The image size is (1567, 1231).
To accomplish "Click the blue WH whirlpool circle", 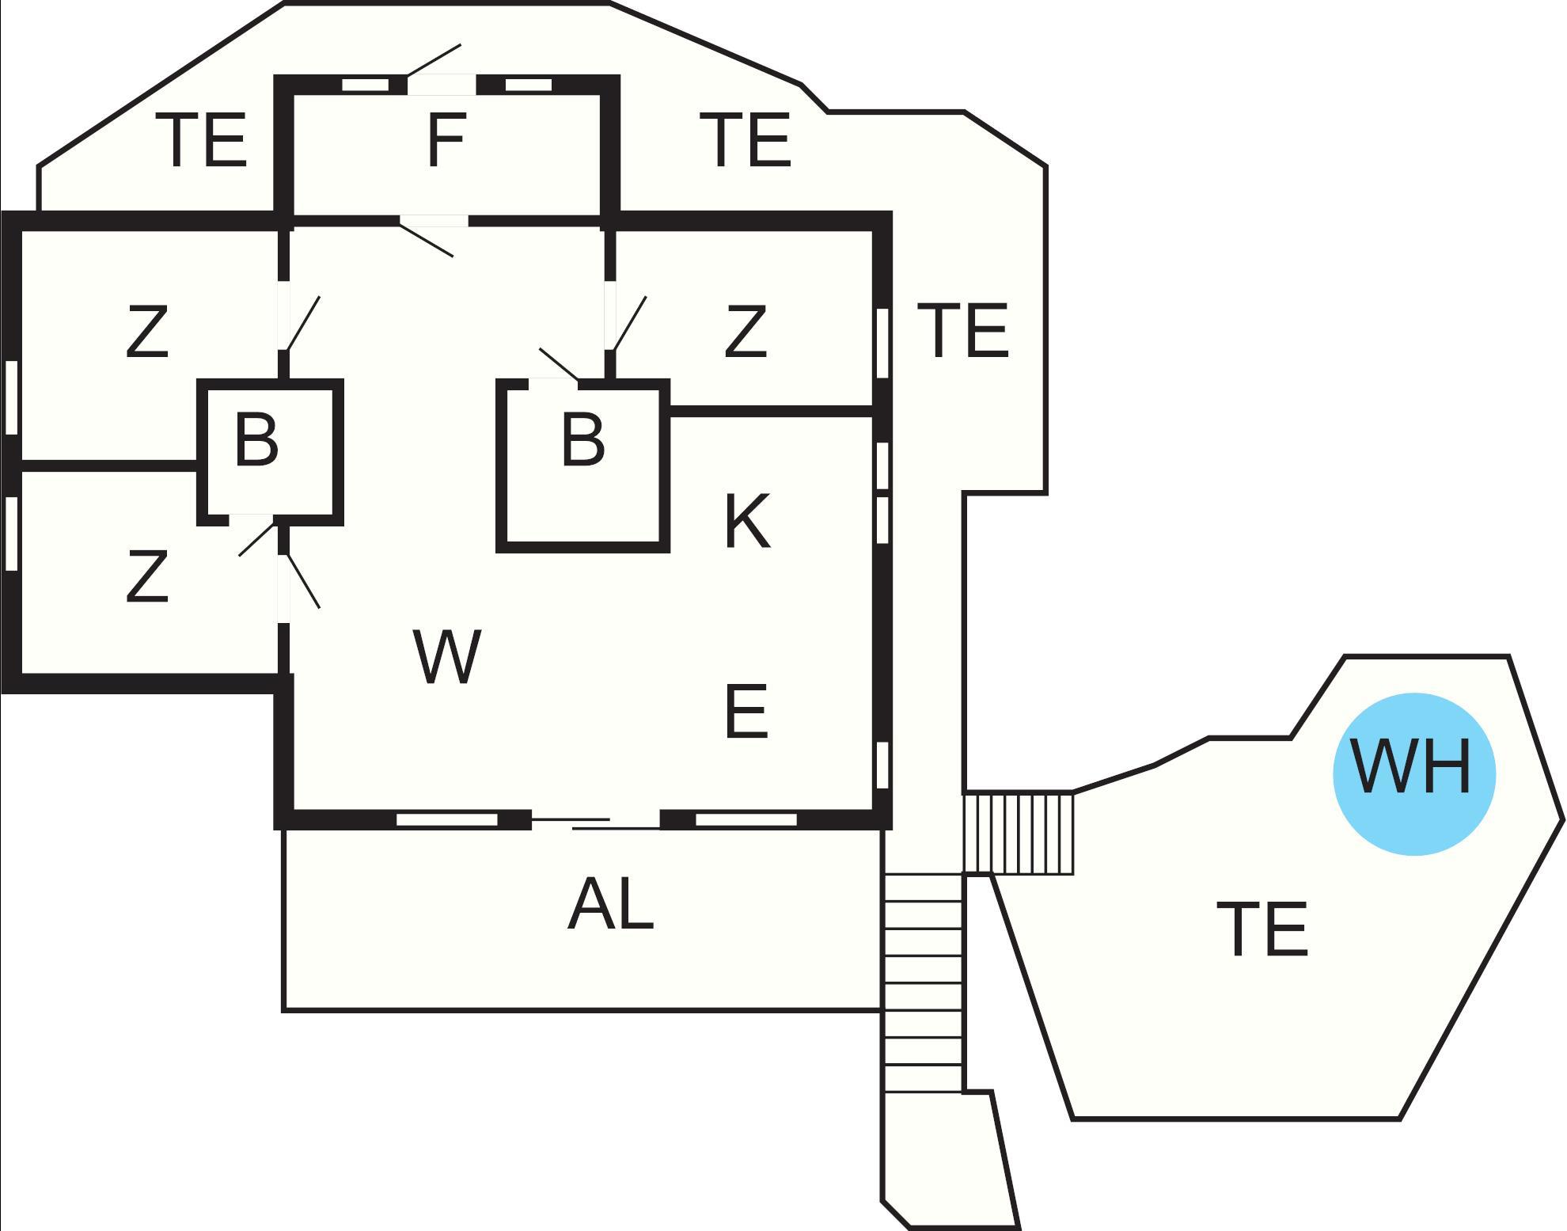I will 1414,773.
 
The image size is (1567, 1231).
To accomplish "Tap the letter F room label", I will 446,140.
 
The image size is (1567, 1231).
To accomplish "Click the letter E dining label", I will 746,712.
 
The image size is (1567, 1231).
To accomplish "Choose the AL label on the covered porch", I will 611,905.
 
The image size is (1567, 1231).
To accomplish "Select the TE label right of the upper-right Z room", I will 962,330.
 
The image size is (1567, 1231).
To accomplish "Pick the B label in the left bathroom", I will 256,439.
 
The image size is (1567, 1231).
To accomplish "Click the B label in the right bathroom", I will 582,439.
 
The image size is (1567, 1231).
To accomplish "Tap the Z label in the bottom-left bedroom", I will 147,576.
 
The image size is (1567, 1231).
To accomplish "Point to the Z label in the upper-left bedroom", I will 147,332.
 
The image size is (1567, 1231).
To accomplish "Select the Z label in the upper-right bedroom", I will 746,332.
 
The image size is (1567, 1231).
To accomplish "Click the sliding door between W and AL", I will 595,823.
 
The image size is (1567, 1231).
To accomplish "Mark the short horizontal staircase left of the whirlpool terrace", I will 1018,834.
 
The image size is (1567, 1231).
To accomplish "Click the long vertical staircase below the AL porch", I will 923,982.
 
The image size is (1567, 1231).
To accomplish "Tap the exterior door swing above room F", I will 434,62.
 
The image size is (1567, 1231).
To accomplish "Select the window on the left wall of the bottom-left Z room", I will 11,533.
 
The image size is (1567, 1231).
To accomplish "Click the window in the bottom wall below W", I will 447,819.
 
